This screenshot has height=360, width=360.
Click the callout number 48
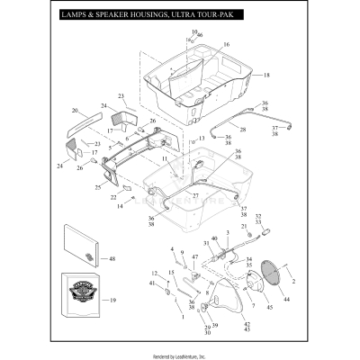coord(112,259)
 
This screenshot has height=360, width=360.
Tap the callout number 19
coord(112,301)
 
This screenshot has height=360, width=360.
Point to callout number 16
coord(226,44)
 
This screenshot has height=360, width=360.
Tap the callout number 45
coord(269,308)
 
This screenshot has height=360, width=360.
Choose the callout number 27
coord(194,195)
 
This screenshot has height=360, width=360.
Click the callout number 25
coord(98,187)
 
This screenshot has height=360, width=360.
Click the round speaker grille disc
coord(267,275)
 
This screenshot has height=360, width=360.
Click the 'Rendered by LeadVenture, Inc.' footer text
coord(180,352)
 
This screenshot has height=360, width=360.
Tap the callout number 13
coord(202,137)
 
